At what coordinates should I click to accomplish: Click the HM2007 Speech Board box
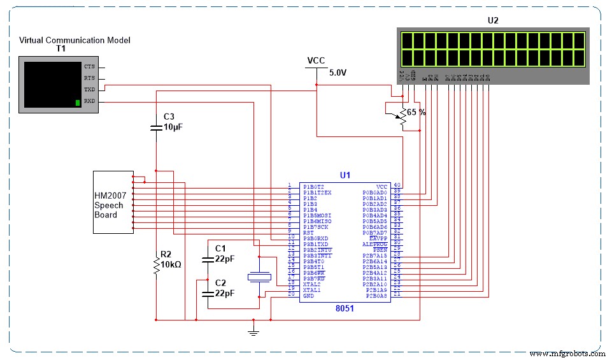tap(113, 202)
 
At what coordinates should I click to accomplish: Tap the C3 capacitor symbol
tap(156, 127)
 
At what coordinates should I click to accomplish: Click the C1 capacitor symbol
tap(208, 259)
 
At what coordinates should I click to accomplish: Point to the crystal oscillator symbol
tap(259, 276)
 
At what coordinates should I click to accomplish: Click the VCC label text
tap(316, 61)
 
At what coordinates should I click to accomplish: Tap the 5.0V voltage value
tap(338, 73)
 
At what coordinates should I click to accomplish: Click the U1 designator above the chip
tap(345, 175)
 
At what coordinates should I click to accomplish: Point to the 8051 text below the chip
tap(345, 308)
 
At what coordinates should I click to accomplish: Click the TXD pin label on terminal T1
tap(90, 90)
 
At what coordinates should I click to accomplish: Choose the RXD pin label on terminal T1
tap(90, 101)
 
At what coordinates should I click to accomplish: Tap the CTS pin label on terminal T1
tap(90, 66)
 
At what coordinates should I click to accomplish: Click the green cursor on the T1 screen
tap(78, 102)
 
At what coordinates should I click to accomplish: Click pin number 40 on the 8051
tap(397, 185)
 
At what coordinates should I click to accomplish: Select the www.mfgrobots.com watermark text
tap(567, 353)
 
